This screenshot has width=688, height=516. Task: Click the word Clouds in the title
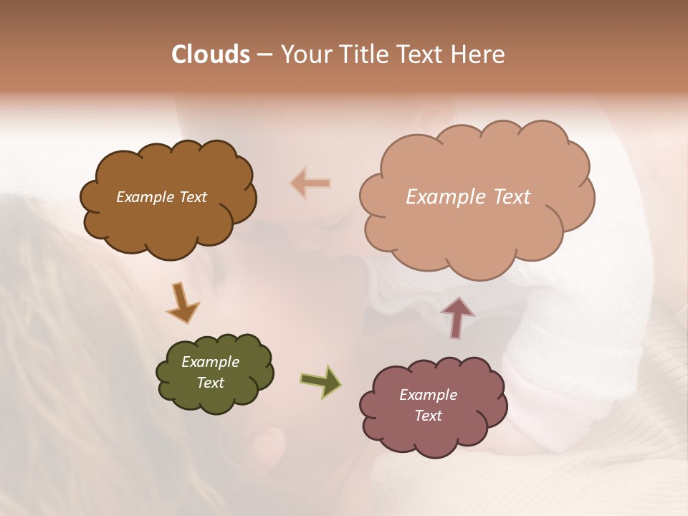(211, 54)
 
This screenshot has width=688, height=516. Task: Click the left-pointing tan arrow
(311, 183)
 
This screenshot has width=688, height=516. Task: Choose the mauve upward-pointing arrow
(457, 317)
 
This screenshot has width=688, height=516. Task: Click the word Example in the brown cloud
(145, 197)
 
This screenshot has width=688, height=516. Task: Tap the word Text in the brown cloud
(193, 197)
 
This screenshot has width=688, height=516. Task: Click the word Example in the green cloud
(211, 362)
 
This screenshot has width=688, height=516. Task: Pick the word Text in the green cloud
(211, 383)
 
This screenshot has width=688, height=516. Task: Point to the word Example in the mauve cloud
(428, 395)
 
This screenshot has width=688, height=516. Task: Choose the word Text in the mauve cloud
(428, 416)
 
